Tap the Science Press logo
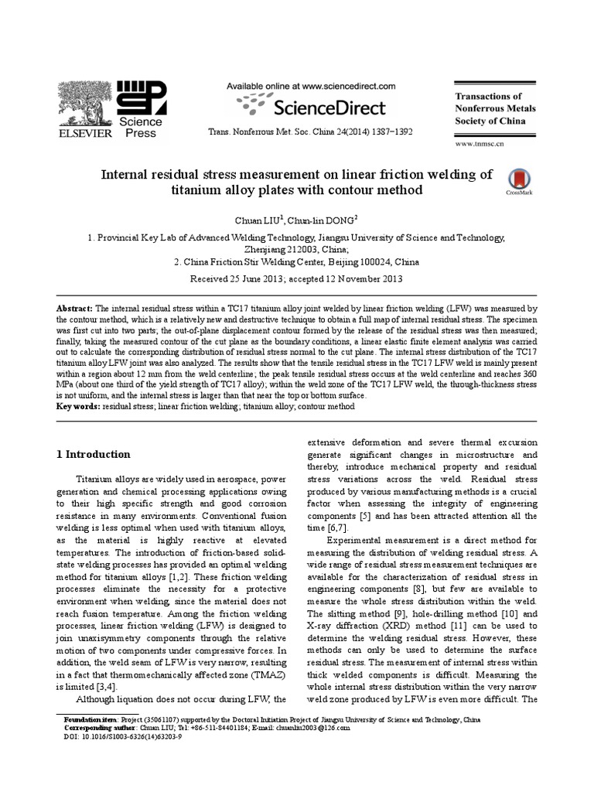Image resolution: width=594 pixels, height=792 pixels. tap(140, 108)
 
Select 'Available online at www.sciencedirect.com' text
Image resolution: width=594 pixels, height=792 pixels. tap(310, 87)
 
